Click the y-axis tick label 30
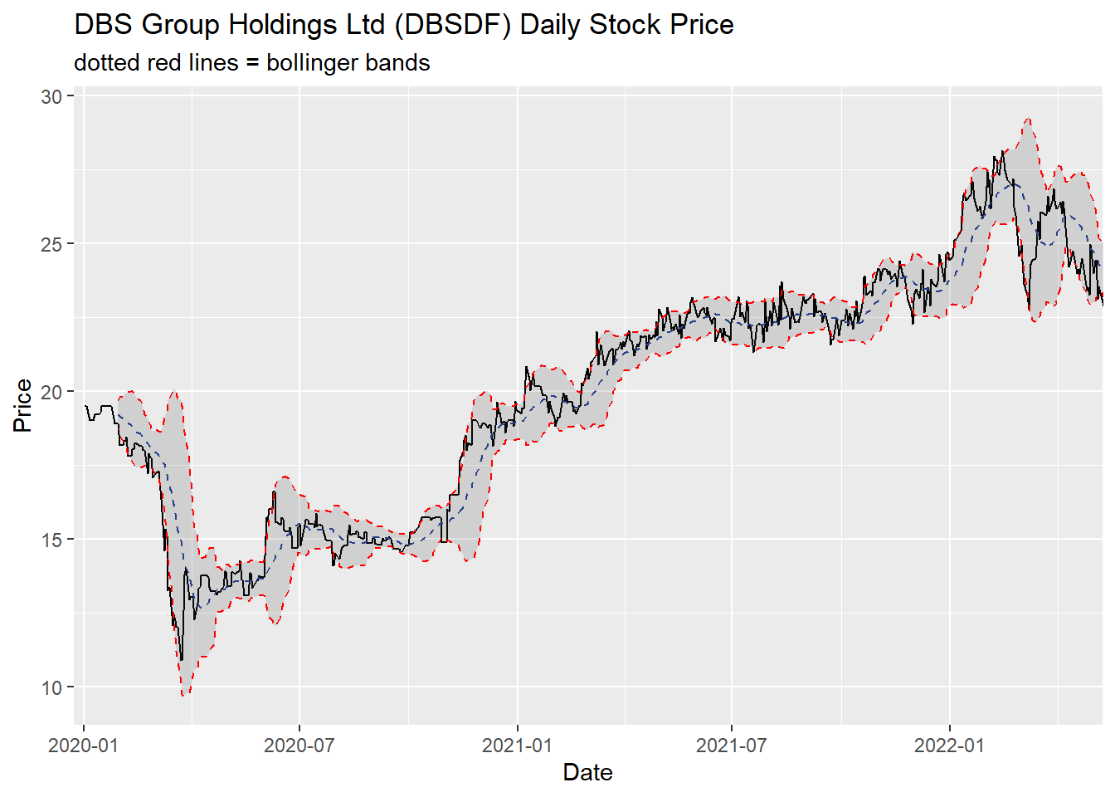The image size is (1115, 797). point(51,96)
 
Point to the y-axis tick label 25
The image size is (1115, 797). point(51,244)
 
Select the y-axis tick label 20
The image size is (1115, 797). point(51,392)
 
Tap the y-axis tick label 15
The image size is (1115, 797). point(51,540)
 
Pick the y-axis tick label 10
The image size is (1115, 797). point(51,687)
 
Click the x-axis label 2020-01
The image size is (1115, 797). point(83,745)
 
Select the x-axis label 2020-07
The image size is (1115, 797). point(299,745)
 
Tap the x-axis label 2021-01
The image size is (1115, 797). point(517,745)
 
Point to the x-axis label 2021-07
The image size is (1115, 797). point(731,745)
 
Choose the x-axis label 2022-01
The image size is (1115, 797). point(949,745)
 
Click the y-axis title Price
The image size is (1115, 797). point(22,405)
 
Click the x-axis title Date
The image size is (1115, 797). point(587,773)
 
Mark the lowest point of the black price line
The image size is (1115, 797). point(182,660)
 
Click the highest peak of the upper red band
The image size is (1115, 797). point(1028,119)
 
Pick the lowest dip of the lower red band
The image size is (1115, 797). point(184,695)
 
